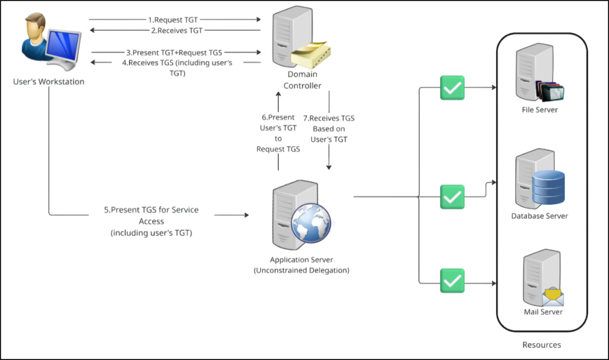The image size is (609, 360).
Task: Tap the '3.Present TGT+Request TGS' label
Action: pyautogui.click(x=177, y=52)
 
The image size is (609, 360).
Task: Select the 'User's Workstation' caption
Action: pyautogui.click(x=49, y=82)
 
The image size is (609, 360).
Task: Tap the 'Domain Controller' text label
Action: pyautogui.click(x=302, y=80)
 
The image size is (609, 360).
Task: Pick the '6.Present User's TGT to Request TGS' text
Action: pyautogui.click(x=278, y=133)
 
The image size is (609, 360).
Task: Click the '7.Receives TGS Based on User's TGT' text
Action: pyautogui.click(x=329, y=129)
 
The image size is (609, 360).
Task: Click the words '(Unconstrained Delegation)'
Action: pyautogui.click(x=302, y=270)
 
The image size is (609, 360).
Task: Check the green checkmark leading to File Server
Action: pyautogui.click(x=452, y=88)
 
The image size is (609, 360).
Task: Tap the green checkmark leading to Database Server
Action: pyautogui.click(x=452, y=196)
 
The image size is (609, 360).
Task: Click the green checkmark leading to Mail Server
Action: pyautogui.click(x=452, y=280)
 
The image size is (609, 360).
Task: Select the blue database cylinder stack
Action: pyautogui.click(x=548, y=187)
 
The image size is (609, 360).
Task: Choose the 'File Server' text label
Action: pyautogui.click(x=539, y=110)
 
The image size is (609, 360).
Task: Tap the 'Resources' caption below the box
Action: pyautogui.click(x=541, y=345)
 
